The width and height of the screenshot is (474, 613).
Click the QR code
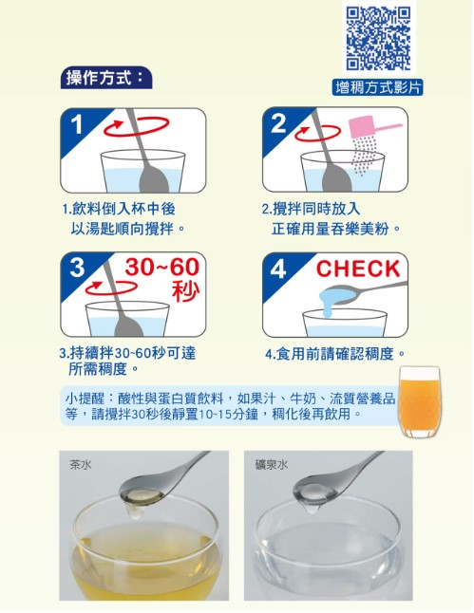(x=378, y=38)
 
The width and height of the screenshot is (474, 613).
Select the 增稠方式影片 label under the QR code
(x=378, y=87)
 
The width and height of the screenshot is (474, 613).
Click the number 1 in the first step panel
(x=77, y=124)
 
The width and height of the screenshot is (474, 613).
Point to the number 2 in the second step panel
(x=278, y=123)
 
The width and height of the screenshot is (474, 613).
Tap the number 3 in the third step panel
(x=77, y=268)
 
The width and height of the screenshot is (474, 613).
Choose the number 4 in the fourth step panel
(x=278, y=269)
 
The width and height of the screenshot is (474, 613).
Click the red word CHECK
(x=358, y=269)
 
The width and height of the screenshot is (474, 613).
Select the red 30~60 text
(x=162, y=267)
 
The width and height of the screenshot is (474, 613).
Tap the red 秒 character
(x=185, y=290)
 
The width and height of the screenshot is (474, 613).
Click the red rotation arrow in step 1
(x=136, y=126)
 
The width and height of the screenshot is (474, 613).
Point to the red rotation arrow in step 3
(x=111, y=288)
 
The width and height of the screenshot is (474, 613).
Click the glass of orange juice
(x=419, y=402)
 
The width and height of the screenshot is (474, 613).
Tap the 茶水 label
(x=81, y=464)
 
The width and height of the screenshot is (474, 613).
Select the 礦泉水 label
(x=271, y=464)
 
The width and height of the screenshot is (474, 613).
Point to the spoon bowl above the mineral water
(x=315, y=492)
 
